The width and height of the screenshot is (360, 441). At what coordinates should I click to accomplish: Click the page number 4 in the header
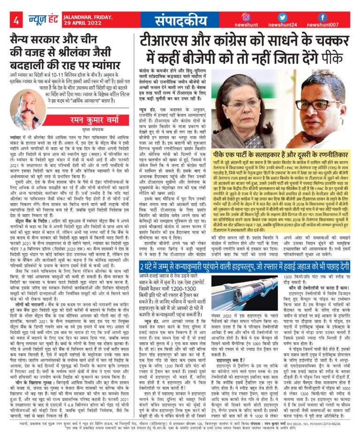[16, 20]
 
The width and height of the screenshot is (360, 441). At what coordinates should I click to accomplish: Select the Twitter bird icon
[283, 16]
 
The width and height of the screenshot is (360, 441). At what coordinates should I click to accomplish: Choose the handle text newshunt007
[323, 25]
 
